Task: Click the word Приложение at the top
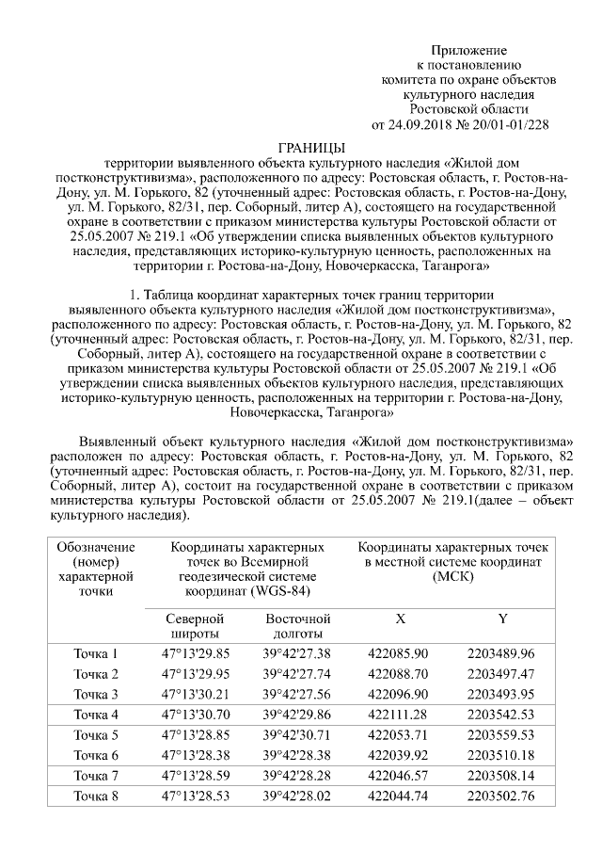tap(469, 49)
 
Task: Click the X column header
tap(400, 619)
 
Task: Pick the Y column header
tap(503, 619)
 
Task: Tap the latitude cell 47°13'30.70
tap(196, 715)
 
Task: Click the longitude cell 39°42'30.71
tap(297, 734)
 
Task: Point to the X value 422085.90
tap(399, 653)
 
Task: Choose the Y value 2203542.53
tap(500, 715)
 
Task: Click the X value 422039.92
tap(399, 755)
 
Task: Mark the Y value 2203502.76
tap(500, 796)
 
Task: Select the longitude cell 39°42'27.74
tap(297, 674)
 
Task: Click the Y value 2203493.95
tap(500, 694)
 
